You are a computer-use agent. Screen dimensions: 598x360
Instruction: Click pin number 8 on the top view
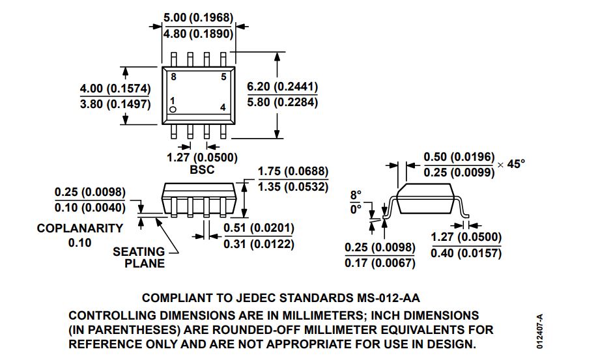coord(173,77)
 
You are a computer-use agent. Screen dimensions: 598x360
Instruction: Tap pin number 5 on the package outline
coord(223,77)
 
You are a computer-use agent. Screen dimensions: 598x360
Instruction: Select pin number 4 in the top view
coord(223,107)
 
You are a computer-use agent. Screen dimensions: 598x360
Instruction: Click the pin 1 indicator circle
coord(173,110)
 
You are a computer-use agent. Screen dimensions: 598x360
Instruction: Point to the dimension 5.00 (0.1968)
coord(198,18)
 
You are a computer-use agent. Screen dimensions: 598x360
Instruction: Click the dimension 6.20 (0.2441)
coord(282,87)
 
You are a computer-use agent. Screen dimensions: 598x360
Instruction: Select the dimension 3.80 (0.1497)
coord(115,104)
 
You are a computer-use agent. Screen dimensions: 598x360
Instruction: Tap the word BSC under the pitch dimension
coord(202,169)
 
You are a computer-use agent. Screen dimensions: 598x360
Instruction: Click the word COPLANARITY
coord(80,228)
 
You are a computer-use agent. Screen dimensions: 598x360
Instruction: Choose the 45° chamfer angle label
coord(516,164)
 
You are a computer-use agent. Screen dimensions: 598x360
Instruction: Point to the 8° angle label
coord(356,195)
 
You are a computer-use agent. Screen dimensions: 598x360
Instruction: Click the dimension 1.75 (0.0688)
coord(293,171)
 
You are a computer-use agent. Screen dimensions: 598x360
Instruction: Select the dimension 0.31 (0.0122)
coord(259,244)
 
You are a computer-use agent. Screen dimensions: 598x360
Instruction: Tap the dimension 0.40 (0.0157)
coord(466,253)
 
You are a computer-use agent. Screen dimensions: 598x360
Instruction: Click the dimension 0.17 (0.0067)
coord(380,263)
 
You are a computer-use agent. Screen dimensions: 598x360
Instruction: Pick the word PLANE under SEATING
coord(145,263)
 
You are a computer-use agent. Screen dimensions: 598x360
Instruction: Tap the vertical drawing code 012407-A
coord(539,331)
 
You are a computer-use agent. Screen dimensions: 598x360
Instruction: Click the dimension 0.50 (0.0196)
coord(459,157)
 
